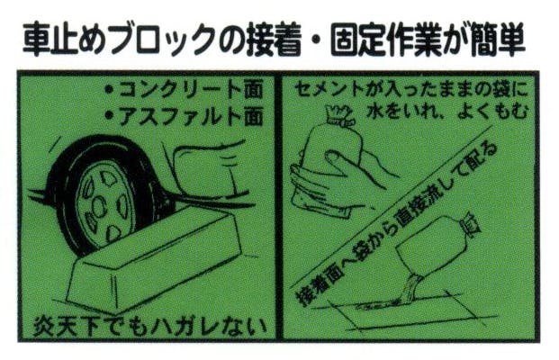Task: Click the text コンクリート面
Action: pyautogui.click(x=191, y=89)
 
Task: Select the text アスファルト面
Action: pyautogui.click(x=191, y=116)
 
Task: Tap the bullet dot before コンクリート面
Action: pyautogui.click(x=110, y=89)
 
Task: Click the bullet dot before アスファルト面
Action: pyautogui.click(x=110, y=116)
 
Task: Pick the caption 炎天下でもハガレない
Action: pyautogui.click(x=149, y=326)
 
